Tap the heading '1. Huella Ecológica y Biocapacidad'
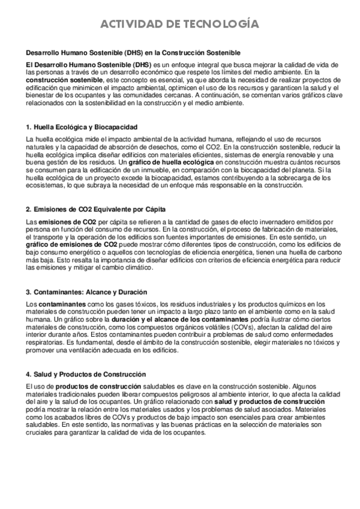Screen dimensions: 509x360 tap(82, 128)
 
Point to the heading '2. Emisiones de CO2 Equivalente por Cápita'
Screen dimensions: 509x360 tap(96, 209)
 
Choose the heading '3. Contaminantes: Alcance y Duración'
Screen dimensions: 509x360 tap(88, 292)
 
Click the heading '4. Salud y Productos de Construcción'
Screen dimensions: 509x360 tap(86, 374)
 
